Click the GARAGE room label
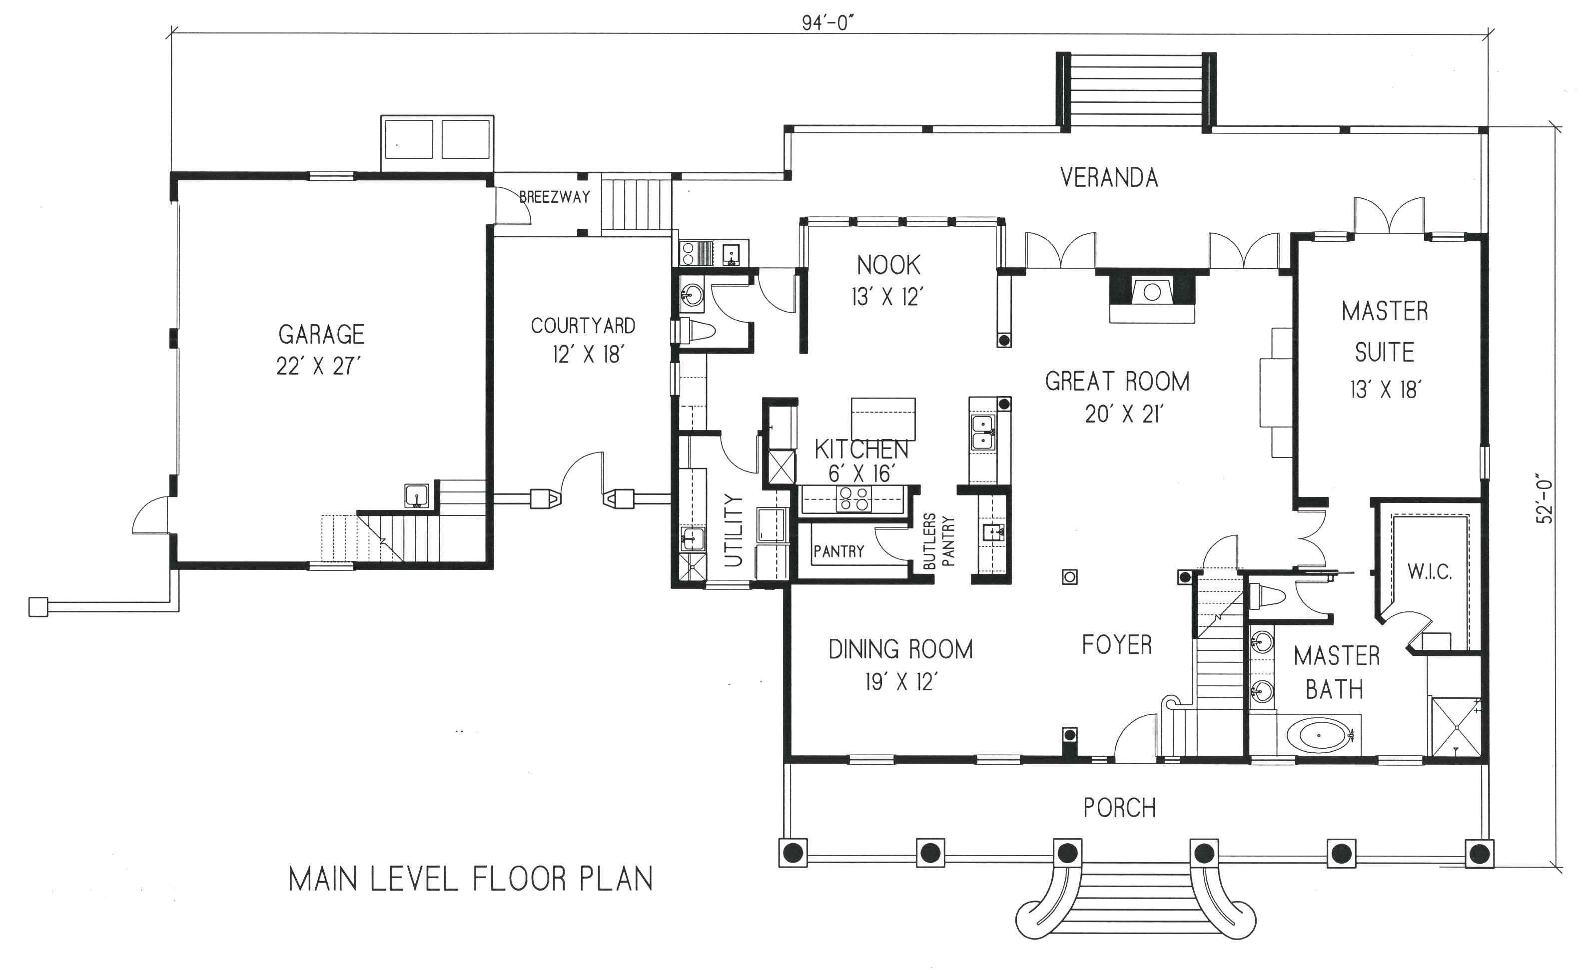[x=321, y=335]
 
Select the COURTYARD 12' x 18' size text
[x=588, y=355]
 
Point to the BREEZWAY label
[x=555, y=197]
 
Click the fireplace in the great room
[x=1152, y=294]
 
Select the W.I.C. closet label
[x=1430, y=572]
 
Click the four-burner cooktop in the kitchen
[x=854, y=499]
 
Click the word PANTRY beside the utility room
[x=838, y=551]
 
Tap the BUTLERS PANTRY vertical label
[x=938, y=541]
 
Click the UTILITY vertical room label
[x=734, y=530]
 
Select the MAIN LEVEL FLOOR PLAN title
[x=470, y=880]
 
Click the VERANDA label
[x=1109, y=178]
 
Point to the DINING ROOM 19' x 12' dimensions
[x=901, y=682]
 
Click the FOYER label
[x=1117, y=645]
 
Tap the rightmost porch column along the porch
[x=1479, y=854]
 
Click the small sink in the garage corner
[x=416, y=496]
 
